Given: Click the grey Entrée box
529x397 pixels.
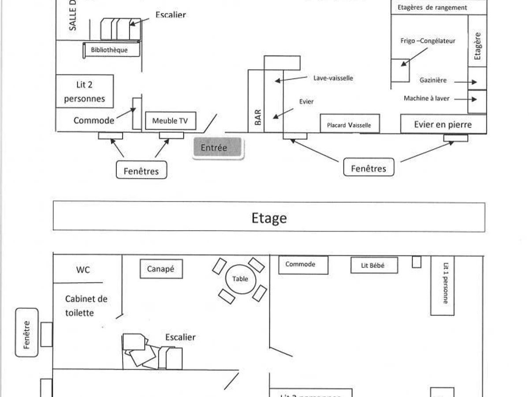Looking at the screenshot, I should click(217, 148).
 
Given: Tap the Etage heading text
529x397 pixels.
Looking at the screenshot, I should click(269, 217).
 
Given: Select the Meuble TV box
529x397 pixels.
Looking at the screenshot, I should click(170, 121).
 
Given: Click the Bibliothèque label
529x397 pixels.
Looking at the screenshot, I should click(109, 50).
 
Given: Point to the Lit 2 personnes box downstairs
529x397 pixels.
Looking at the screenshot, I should click(85, 91).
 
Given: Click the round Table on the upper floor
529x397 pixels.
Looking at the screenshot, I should click(240, 279).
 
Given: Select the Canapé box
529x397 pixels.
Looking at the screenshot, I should click(161, 269).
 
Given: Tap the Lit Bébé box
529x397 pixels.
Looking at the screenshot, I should click(374, 265).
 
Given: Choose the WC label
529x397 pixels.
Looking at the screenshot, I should click(83, 270).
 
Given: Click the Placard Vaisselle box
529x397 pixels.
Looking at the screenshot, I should click(349, 125).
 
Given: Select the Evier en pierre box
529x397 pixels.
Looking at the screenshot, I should click(443, 124).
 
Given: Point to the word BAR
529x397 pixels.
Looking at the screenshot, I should click(258, 117).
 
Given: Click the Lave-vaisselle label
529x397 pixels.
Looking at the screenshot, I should click(333, 78).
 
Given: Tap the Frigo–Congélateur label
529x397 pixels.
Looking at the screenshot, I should click(428, 41).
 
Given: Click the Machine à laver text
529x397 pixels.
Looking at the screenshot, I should click(426, 98).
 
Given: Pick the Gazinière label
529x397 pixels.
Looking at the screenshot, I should click(433, 80).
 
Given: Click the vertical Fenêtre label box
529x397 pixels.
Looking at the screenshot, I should click(26, 332).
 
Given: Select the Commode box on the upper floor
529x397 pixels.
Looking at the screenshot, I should click(303, 265).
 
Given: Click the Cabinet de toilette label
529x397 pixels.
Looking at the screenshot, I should click(86, 306).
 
